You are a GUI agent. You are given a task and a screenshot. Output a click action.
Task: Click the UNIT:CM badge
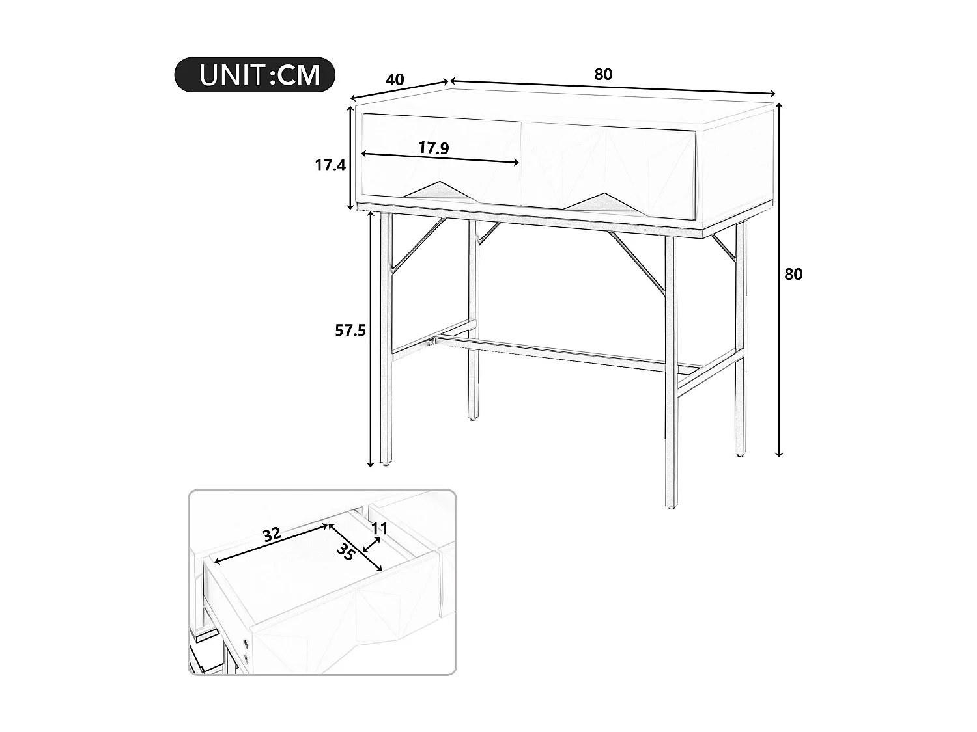[255, 75]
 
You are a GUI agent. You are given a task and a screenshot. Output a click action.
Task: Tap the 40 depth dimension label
[395, 79]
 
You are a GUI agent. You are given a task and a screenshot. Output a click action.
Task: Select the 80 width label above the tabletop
[603, 74]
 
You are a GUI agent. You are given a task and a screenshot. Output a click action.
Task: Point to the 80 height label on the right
[793, 275]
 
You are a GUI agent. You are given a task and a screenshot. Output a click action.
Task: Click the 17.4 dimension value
[330, 165]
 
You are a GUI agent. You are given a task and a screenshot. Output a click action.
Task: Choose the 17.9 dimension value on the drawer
[433, 148]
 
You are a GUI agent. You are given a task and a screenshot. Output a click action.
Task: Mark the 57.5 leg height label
[350, 331]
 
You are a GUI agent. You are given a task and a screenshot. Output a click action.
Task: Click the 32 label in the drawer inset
[272, 535]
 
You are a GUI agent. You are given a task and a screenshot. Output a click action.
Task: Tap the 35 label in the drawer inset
[346, 552]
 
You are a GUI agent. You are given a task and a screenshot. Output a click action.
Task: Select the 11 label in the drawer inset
[380, 528]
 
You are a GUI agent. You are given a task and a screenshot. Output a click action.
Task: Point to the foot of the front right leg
[671, 504]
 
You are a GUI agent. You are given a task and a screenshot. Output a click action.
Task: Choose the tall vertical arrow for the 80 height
[778, 280]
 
